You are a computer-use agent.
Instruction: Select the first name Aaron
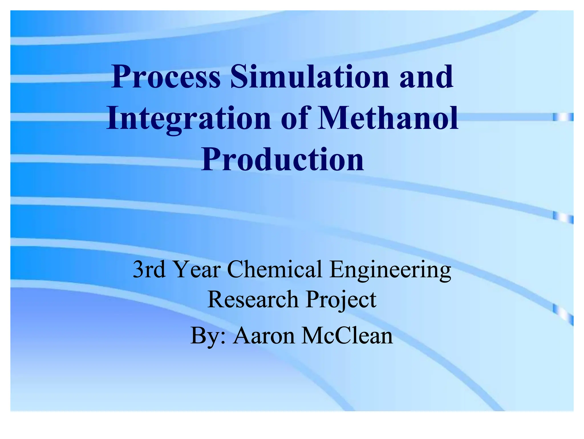coord(264,336)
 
